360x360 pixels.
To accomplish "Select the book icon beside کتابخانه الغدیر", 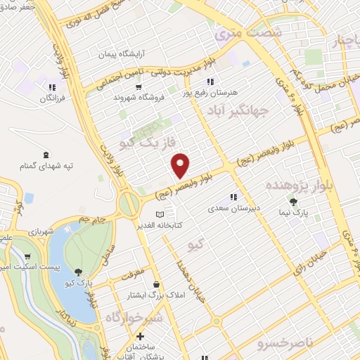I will (x=160, y=214).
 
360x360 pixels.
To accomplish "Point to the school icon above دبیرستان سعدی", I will (x=233, y=198).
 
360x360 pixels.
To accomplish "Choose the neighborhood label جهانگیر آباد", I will (x=236, y=110).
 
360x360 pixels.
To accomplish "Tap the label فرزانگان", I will (x=51, y=99).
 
